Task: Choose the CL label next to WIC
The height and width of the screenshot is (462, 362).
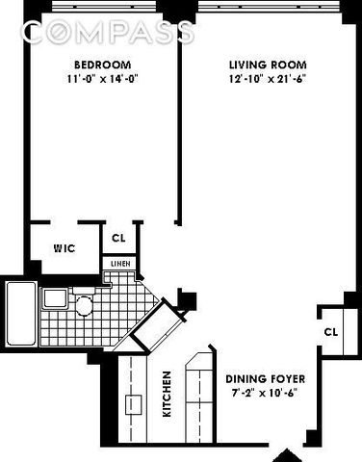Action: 118,238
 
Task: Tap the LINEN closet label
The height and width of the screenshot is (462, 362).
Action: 119,263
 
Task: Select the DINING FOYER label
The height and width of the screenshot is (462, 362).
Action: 259,379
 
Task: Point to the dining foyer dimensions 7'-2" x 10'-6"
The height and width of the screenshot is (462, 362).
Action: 259,395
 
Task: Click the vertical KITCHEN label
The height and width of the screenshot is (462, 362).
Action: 168,395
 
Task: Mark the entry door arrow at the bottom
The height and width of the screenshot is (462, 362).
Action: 286,453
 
